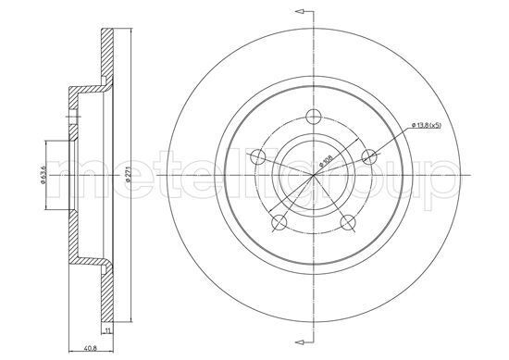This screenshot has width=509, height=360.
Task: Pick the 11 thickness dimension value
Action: tap(109, 329)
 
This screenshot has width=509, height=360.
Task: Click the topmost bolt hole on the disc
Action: tap(314, 117)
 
